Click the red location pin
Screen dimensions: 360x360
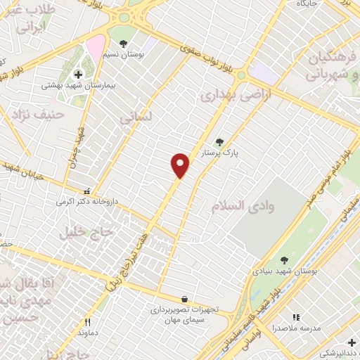[181, 165]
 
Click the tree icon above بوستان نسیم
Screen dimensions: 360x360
[124, 44]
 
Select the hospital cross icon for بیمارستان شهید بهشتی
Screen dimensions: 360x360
[78, 74]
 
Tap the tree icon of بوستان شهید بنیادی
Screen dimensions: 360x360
[284, 260]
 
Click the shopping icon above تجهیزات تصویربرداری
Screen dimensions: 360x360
[184, 299]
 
